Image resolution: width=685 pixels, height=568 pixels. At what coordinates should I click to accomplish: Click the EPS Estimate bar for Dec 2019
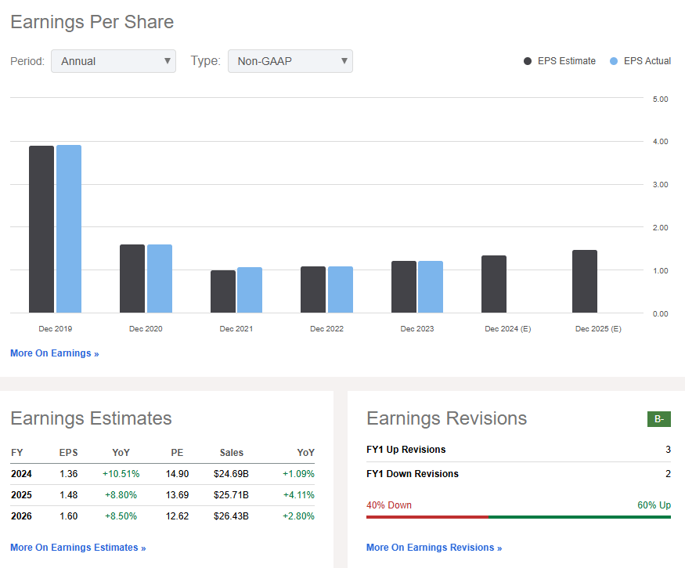click(41, 230)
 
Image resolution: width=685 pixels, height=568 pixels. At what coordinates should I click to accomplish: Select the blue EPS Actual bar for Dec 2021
click(250, 290)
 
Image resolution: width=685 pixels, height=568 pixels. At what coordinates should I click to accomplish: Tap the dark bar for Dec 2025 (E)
click(585, 281)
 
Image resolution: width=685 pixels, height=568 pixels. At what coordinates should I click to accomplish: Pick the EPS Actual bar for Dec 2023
click(431, 287)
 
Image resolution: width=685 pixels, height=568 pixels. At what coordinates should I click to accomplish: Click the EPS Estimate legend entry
click(559, 61)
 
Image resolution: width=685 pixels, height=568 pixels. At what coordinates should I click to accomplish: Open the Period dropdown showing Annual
click(114, 61)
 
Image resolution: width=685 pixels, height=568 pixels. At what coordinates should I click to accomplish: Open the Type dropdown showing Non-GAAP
click(290, 61)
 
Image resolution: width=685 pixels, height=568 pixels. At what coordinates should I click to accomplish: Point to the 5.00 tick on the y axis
click(660, 99)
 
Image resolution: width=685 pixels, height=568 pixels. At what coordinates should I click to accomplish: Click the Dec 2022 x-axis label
click(327, 329)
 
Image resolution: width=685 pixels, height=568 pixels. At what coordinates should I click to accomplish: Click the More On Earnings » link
click(55, 353)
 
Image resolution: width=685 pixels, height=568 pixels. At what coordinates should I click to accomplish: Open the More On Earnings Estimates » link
click(78, 548)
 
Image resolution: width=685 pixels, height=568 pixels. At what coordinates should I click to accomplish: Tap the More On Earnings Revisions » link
click(434, 548)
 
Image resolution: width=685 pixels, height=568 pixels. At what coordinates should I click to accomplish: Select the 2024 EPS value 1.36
click(69, 474)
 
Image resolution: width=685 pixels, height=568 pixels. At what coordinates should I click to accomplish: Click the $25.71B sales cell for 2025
click(231, 494)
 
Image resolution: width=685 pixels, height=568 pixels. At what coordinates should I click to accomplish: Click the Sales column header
click(231, 453)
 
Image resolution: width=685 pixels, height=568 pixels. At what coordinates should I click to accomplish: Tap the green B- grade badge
click(659, 419)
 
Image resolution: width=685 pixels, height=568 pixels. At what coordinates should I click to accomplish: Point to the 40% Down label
click(389, 505)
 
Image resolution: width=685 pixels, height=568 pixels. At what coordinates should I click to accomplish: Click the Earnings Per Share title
click(92, 22)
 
